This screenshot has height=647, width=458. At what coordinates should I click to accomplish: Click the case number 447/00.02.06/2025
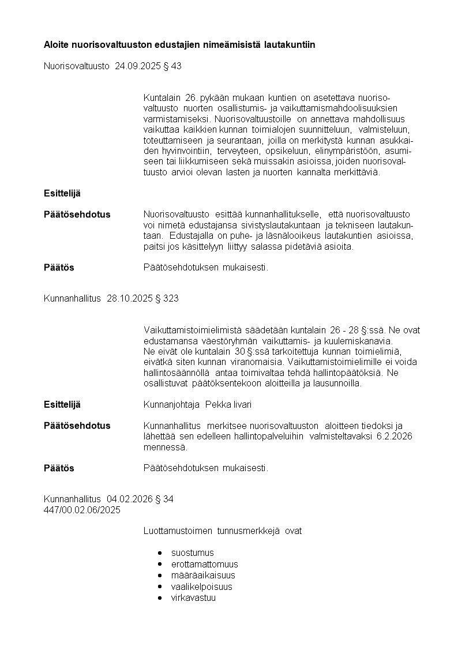[82, 510]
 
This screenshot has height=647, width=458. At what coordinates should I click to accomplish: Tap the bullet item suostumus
[192, 552]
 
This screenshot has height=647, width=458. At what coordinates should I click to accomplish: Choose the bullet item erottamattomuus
[204, 564]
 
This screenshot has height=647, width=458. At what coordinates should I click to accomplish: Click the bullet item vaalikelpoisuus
[201, 587]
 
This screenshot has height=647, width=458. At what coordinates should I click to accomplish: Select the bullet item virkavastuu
[193, 598]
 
